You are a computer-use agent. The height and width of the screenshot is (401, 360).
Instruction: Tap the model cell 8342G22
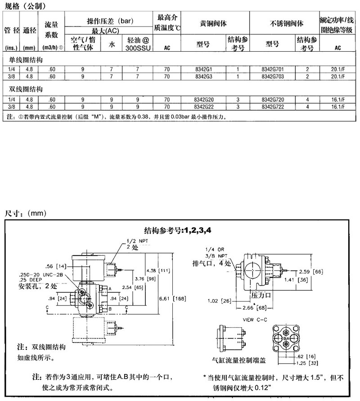point(204,107)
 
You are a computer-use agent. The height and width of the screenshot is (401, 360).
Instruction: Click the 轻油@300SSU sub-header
point(137,44)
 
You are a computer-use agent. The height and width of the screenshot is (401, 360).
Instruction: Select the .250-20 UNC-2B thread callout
point(38,275)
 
